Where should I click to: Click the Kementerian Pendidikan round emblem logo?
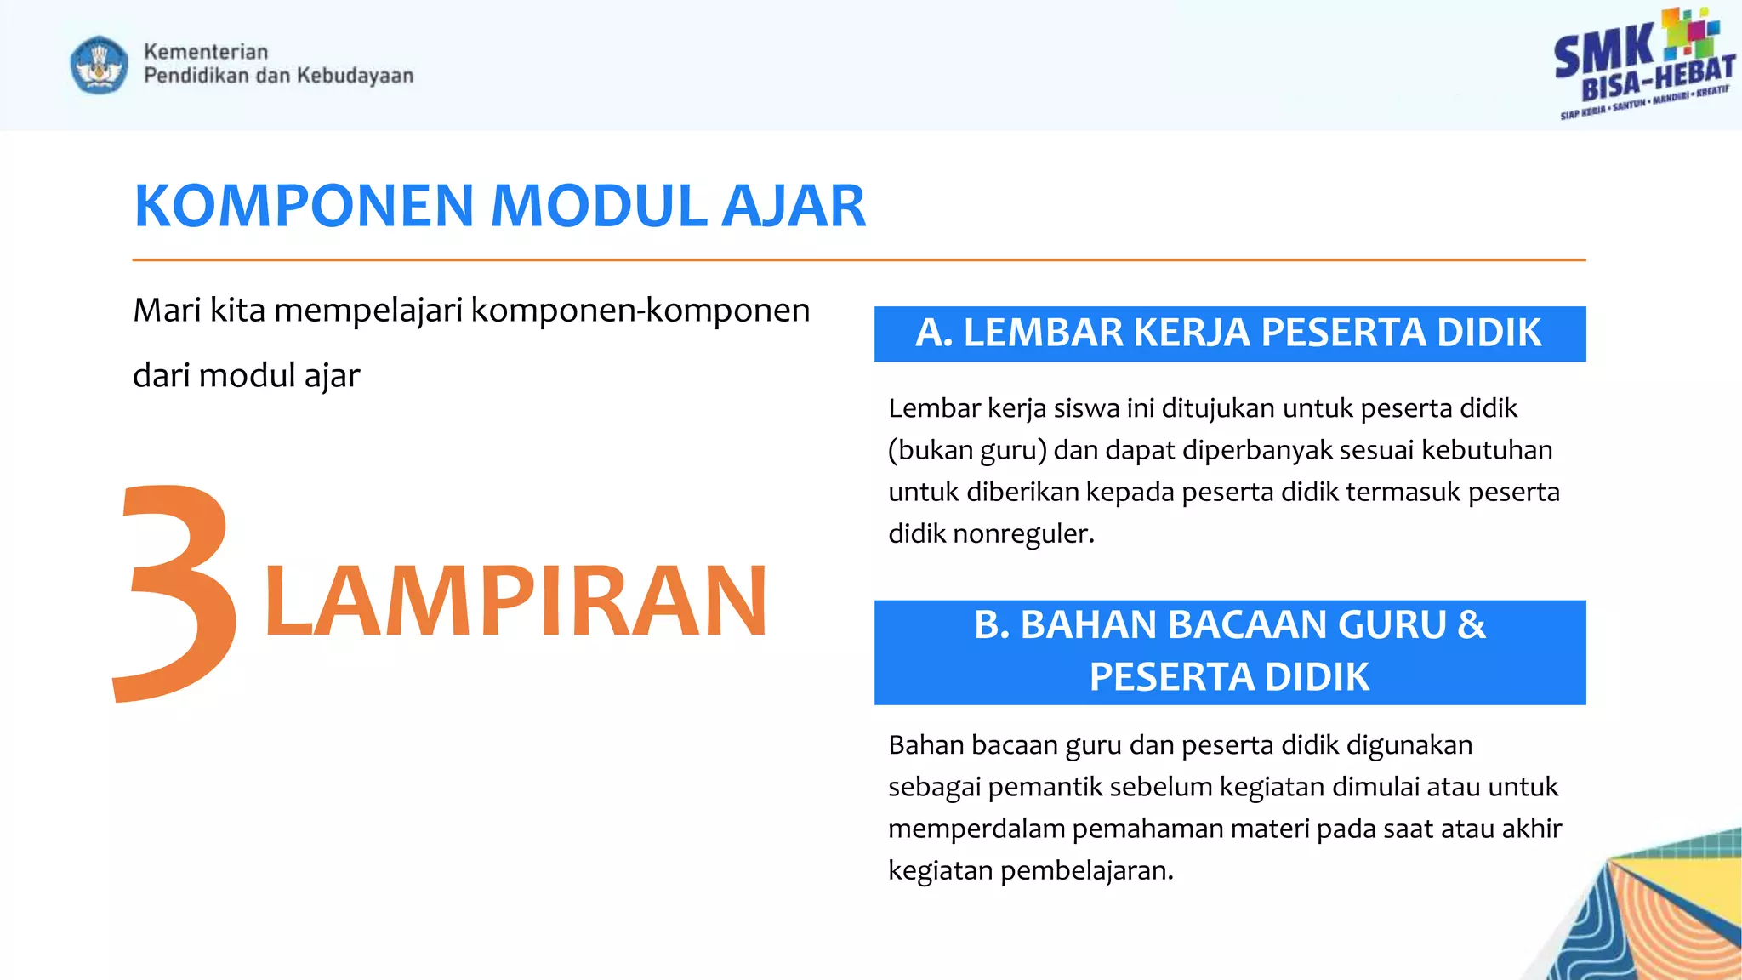tap(100, 65)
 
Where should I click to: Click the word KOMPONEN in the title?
tap(304, 207)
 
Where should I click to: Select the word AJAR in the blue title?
tap(793, 207)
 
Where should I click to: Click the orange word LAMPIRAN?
tap(515, 601)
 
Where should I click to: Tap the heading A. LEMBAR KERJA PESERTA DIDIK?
tap(1228, 333)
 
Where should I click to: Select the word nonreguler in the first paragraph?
tap(1022, 534)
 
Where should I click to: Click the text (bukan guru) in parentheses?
tap(967, 450)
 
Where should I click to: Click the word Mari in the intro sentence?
tap(167, 311)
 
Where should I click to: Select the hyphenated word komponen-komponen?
tap(640, 311)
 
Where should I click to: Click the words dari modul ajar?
tap(246, 376)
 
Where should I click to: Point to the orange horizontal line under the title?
tap(859, 259)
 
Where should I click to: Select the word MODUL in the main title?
tap(599, 207)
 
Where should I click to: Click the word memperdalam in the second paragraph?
tap(976, 829)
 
